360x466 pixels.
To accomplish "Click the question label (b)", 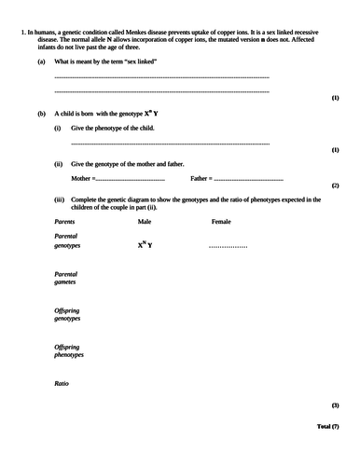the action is tap(41, 112).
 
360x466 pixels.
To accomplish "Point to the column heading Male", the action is tap(145, 222).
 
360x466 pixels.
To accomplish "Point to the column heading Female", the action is tap(221, 222).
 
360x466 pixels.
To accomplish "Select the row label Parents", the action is tap(65, 222).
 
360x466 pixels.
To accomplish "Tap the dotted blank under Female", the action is tap(227, 246).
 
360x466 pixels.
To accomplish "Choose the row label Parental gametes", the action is tap(65, 278).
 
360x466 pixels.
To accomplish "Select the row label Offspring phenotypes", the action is tap(69, 350).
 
